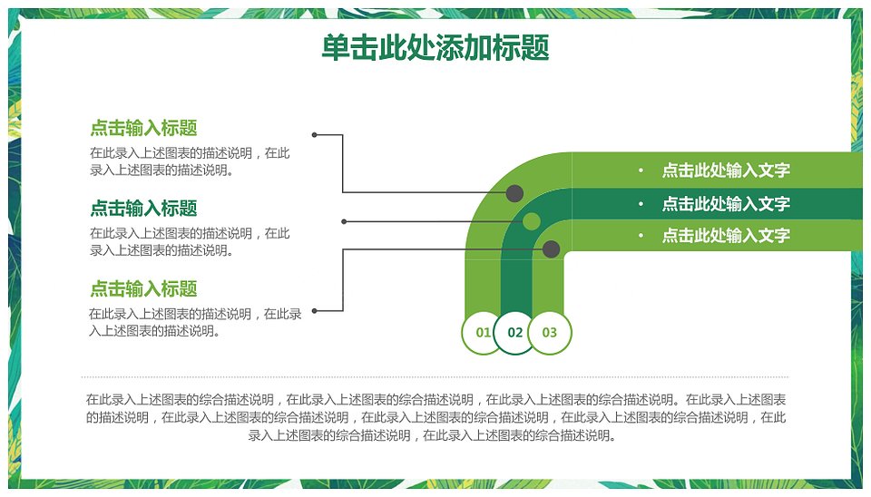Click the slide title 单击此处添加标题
435,47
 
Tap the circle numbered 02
515,333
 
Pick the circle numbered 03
550,333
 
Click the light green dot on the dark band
531,221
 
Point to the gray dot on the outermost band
514,193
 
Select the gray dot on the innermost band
551,248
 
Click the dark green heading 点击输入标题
143,209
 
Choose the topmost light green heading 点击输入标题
143,128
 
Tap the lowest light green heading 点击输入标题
143,288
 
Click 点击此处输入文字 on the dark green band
726,204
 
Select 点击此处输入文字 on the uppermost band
726,170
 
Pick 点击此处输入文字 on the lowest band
726,236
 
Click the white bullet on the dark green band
641,204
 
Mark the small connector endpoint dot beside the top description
315,134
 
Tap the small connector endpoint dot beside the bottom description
315,311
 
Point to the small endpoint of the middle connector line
344,221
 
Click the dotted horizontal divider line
435,377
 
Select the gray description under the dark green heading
190,241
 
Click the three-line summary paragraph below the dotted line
435,417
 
